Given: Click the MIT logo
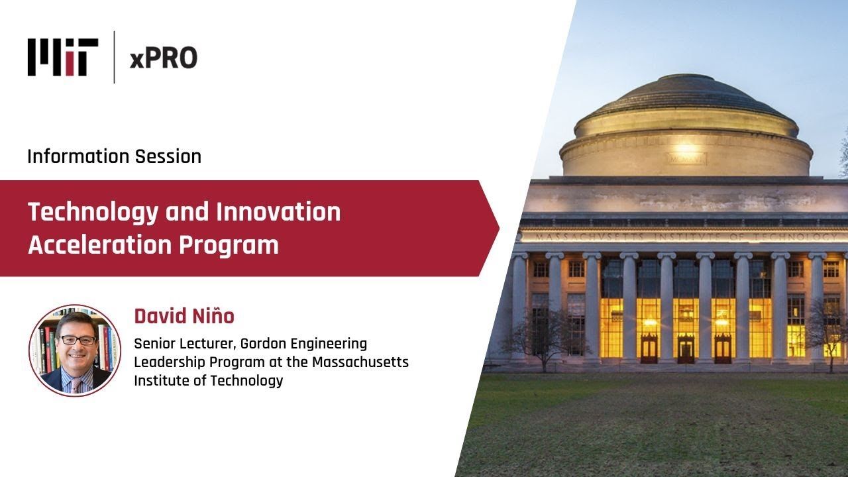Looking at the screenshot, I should [63, 57].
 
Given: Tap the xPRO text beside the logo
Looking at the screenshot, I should [163, 58].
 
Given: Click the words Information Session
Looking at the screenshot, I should [114, 156].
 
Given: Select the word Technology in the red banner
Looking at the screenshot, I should [93, 212].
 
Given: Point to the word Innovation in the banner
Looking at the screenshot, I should [278, 212].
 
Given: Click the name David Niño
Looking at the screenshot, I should [184, 316].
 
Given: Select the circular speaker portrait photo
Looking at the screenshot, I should [75, 350].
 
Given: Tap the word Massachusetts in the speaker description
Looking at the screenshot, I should [360, 362].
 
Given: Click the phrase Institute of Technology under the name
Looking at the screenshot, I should [208, 381].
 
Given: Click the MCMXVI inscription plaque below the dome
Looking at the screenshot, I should [686, 159].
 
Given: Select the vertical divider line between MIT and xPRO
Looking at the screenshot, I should [114, 57].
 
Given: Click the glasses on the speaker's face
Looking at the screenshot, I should [78, 340].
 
